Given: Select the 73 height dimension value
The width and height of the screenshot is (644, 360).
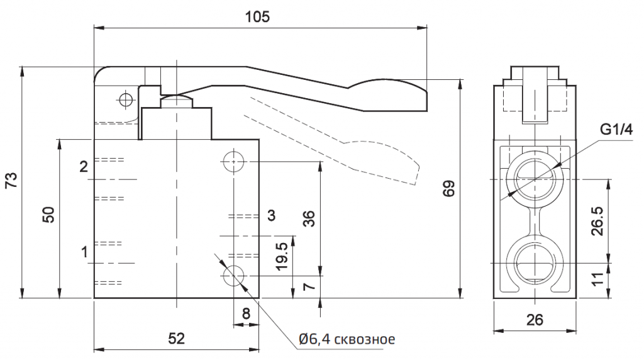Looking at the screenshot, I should tap(11, 181).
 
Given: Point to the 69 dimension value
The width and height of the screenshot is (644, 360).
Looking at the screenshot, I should tap(448, 188).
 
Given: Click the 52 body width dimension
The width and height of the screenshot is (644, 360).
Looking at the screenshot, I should tap(176, 339).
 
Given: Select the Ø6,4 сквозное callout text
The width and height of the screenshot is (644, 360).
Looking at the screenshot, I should tap(347, 340).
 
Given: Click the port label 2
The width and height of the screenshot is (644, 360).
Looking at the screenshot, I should tap(83, 167).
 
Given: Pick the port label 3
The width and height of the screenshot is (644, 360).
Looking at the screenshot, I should tap(271, 216).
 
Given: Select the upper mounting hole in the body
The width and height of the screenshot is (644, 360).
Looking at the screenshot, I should tap(233, 162).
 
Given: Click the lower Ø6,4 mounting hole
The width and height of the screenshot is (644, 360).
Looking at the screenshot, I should tap(233, 276).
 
